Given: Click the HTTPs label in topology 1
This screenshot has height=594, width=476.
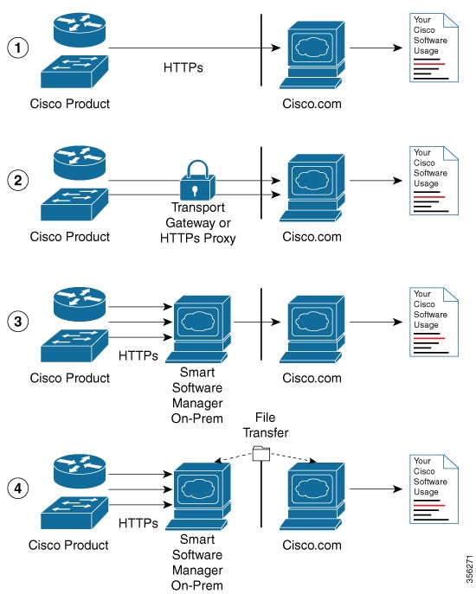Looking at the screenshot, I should (x=183, y=67).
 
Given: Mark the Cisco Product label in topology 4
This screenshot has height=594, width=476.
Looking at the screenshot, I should (x=69, y=545).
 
